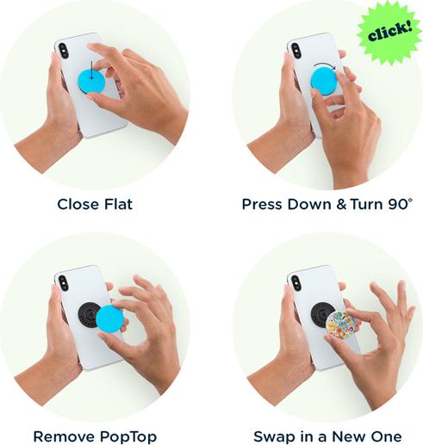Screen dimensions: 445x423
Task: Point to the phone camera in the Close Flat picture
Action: pos(64,48)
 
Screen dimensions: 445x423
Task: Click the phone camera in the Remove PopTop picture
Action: pos(62,281)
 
